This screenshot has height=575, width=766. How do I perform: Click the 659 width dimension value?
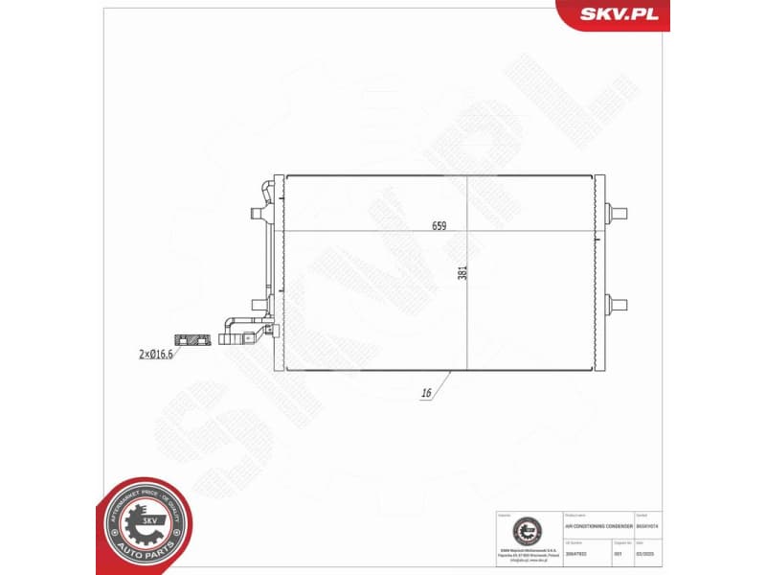439,226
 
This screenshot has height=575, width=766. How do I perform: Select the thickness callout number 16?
425,393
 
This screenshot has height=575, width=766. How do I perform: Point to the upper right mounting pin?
619,211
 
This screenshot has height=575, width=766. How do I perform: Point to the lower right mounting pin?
619,306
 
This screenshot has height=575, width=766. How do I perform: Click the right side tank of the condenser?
601,272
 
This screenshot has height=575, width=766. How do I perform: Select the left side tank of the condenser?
279,272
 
